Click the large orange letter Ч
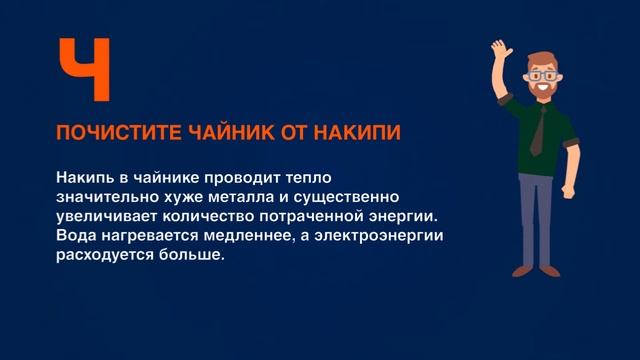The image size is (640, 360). click(83, 69)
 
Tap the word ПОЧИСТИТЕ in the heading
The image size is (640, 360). click(104, 134)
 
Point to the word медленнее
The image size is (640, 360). click(234, 235)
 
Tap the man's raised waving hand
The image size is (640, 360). click(500, 49)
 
